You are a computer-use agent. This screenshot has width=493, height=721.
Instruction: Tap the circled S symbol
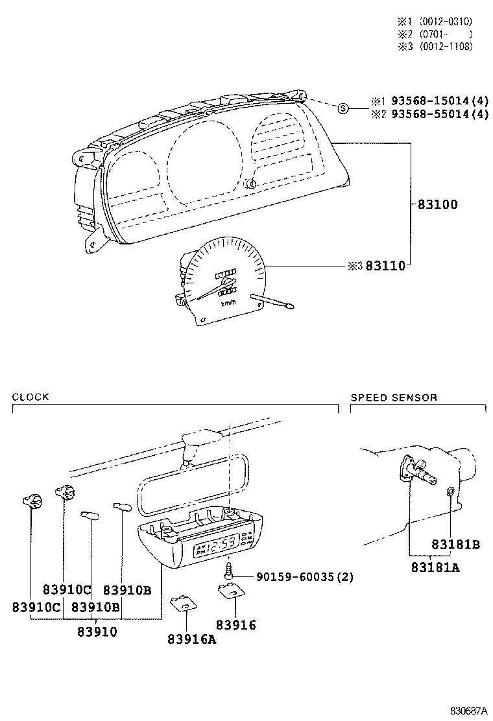[x=344, y=108]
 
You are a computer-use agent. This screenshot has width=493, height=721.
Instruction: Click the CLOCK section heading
[x=30, y=397]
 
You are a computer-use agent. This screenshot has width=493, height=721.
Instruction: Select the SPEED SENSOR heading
[x=394, y=397]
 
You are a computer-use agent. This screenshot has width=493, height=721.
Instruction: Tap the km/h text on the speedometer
[x=228, y=303]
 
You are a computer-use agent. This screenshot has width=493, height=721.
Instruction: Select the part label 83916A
[x=191, y=639]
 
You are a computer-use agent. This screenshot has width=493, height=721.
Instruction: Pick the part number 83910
[x=97, y=632]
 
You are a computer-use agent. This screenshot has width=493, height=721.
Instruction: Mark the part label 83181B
[x=454, y=545]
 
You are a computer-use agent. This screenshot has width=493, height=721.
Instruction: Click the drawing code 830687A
[x=470, y=711]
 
